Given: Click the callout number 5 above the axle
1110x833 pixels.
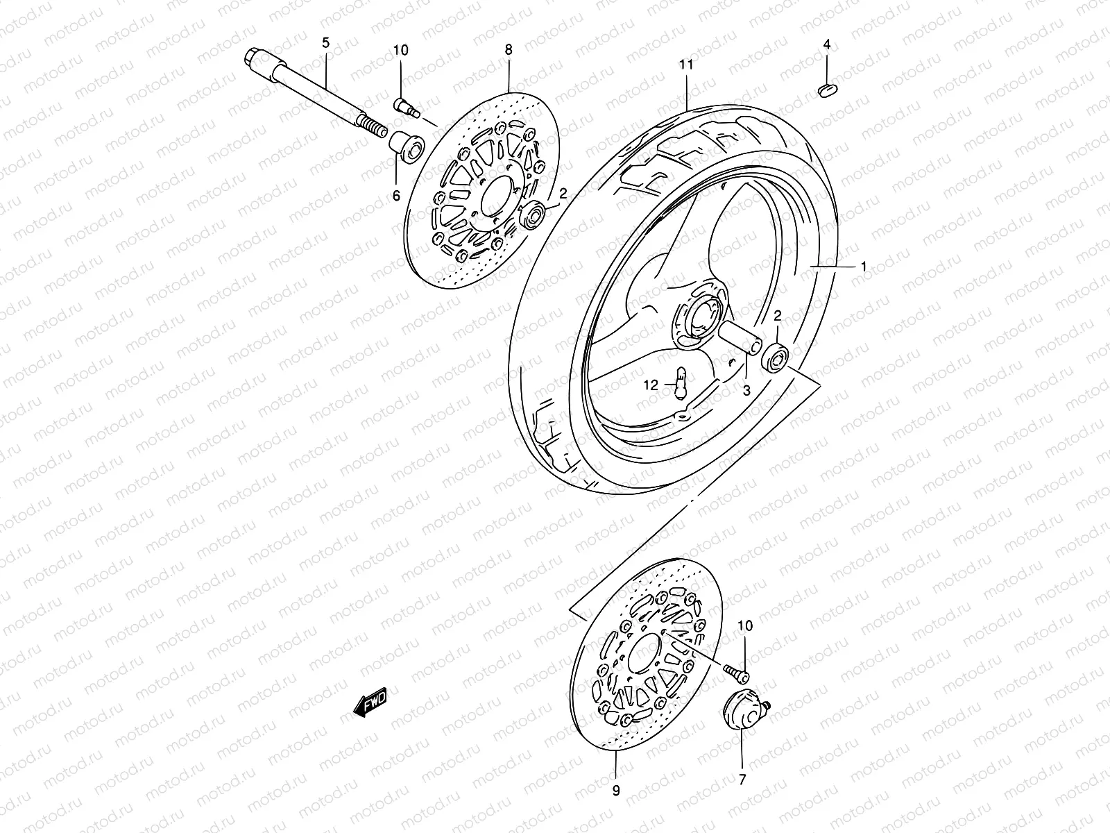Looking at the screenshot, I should point(325,43).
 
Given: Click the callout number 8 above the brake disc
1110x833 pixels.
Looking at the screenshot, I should point(509,49).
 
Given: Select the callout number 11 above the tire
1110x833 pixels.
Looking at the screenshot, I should point(686,65).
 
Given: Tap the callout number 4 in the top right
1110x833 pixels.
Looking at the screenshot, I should point(826,44).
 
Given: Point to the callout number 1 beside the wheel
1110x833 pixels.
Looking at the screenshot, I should point(864,267).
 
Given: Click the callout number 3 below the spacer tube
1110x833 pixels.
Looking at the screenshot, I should point(746,391).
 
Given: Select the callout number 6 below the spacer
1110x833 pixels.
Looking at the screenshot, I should point(396,196).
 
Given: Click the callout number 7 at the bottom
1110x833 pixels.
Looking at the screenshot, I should point(742,780).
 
